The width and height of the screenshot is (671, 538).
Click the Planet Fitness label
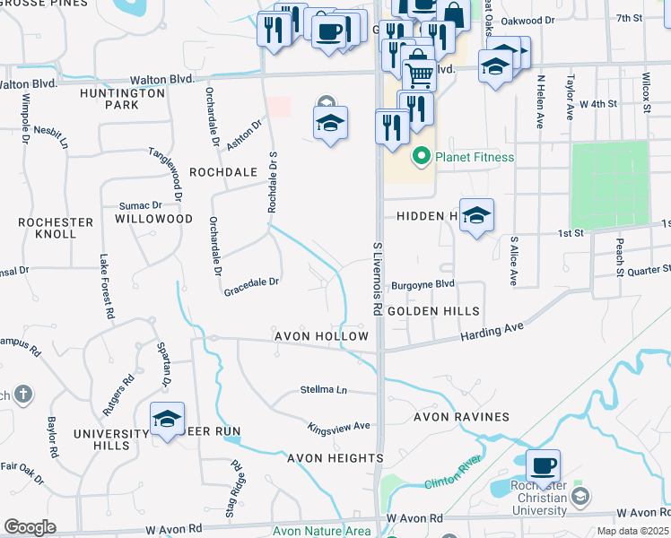click(x=475, y=157)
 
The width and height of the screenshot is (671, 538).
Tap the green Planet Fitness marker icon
click(x=420, y=158)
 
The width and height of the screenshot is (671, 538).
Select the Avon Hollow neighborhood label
click(x=321, y=336)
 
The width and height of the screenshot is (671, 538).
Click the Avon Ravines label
click(x=461, y=417)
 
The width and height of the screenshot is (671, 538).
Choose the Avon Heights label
click(x=335, y=458)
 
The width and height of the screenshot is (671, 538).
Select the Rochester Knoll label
click(x=56, y=228)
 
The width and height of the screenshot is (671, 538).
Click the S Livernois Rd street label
click(x=377, y=277)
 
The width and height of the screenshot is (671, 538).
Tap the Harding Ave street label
click(x=492, y=334)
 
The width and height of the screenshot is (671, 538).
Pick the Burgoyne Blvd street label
click(x=423, y=283)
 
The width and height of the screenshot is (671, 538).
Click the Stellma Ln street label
click(x=323, y=390)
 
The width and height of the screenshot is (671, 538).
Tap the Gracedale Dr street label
click(x=251, y=281)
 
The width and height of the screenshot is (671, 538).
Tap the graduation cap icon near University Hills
click(x=167, y=420)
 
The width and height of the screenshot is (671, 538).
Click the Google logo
click(x=30, y=527)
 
